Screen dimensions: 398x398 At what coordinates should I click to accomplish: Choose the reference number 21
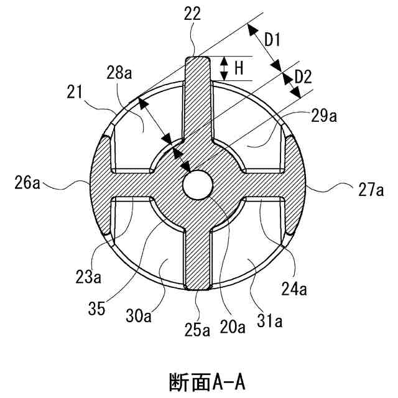(75, 93)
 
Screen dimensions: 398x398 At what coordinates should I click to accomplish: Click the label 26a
(29, 184)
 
